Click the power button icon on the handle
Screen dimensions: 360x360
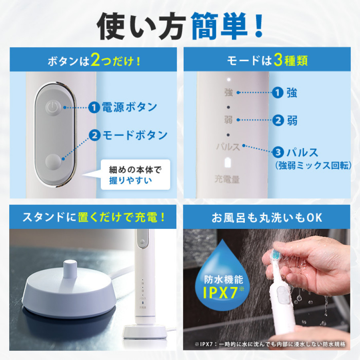52,107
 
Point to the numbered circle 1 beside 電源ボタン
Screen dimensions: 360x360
94,107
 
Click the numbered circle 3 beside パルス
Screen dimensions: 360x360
278,152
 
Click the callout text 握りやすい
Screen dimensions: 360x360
131,180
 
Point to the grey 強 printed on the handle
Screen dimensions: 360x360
228,93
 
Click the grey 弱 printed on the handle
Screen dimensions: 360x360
228,119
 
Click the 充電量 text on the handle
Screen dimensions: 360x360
227,179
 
